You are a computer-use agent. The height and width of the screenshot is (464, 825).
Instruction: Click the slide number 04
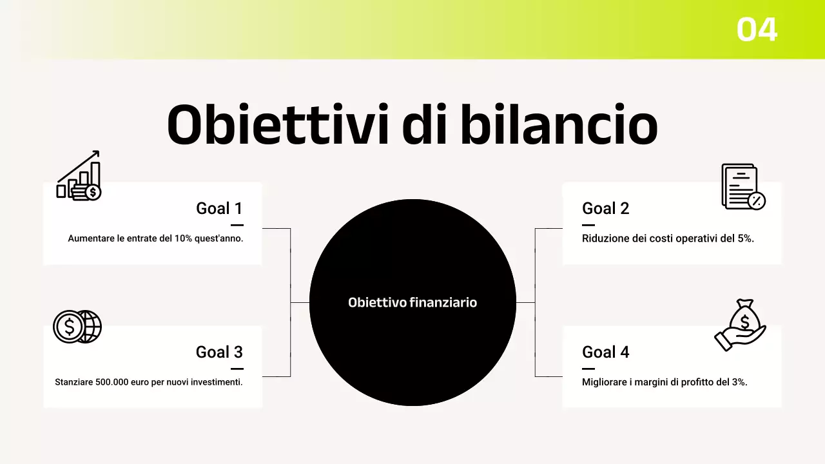[757, 30]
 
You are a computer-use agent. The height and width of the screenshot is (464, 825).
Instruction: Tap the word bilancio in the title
[558, 124]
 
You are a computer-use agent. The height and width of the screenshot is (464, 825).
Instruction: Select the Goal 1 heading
[219, 208]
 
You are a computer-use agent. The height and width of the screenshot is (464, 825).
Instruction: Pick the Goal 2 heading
[605, 208]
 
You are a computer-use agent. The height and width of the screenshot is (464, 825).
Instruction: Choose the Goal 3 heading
[219, 352]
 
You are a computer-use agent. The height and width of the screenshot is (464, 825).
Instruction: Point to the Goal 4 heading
[605, 352]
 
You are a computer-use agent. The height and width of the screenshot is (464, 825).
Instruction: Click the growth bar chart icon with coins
[79, 176]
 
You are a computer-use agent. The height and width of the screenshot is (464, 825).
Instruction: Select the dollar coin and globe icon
[77, 327]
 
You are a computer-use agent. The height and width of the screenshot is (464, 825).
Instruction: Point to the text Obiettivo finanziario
[412, 302]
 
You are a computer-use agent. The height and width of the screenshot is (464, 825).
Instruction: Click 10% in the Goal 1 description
[184, 238]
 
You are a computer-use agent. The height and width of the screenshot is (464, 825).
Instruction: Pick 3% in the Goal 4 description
[739, 382]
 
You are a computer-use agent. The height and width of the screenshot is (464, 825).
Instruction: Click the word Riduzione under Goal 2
[605, 238]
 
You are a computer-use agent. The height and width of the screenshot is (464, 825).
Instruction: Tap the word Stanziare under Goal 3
[73, 382]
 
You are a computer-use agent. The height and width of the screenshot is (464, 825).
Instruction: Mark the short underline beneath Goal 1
[237, 225]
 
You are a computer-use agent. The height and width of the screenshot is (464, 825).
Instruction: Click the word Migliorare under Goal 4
[607, 382]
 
